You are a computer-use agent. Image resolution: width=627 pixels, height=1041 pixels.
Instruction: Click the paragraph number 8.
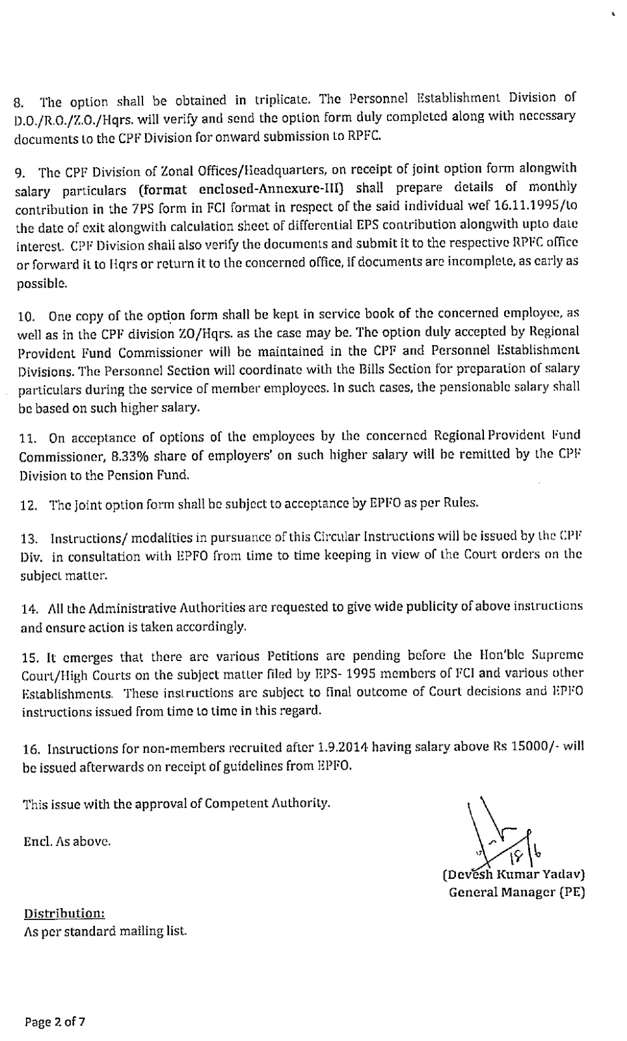[19, 103]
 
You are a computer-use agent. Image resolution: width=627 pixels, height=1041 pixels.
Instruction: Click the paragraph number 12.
[29, 504]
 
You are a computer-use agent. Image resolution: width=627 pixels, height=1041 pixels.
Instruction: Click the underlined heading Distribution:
[64, 913]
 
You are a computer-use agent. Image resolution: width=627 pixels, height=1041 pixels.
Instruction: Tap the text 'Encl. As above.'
[67, 841]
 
